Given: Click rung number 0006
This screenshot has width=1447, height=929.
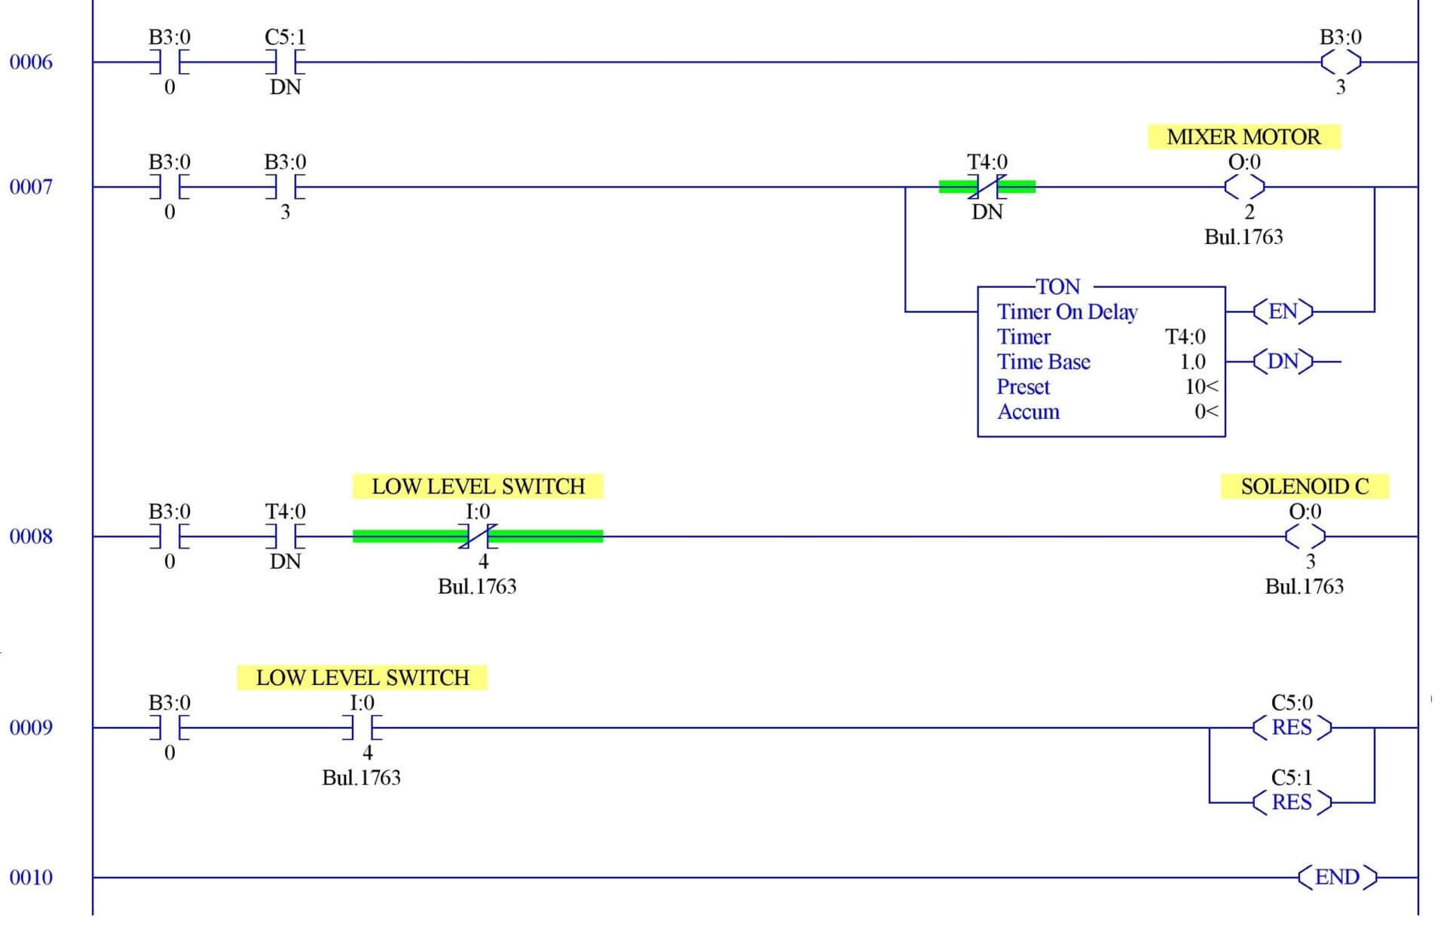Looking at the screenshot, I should click(x=31, y=62).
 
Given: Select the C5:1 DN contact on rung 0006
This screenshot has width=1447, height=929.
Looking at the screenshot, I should click(x=285, y=62).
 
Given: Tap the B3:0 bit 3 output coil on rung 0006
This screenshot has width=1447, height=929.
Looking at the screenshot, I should click(x=1340, y=62).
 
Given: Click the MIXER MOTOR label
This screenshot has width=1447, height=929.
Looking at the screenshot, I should click(x=1244, y=137).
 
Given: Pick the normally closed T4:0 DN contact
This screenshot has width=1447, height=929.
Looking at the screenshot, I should click(x=987, y=186).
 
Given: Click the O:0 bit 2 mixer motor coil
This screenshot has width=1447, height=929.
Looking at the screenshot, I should click(x=1244, y=186).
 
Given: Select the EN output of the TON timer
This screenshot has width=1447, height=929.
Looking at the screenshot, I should click(x=1283, y=311).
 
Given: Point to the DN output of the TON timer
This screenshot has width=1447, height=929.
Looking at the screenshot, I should click(x=1283, y=362).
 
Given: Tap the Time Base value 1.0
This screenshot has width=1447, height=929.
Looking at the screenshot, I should click(x=1192, y=362).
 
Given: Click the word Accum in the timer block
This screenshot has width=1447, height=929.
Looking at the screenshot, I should click(x=1028, y=412).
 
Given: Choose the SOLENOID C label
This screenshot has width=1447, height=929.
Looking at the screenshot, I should click(x=1305, y=487).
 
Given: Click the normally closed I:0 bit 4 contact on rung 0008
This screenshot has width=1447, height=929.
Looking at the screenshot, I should click(x=478, y=536).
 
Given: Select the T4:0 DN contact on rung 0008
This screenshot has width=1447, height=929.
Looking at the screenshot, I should click(x=285, y=536).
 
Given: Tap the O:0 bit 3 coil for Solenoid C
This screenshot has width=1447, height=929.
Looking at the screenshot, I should click(x=1305, y=536).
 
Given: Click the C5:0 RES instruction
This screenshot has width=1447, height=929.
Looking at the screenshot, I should click(x=1292, y=728).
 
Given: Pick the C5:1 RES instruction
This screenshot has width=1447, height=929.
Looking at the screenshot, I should click(x=1292, y=802).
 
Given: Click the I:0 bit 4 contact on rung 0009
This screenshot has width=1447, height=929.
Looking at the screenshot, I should click(x=362, y=728).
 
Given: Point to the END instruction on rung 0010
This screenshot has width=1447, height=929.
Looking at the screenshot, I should click(x=1336, y=877).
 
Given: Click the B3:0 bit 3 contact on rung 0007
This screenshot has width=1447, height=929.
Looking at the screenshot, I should click(x=285, y=186).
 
